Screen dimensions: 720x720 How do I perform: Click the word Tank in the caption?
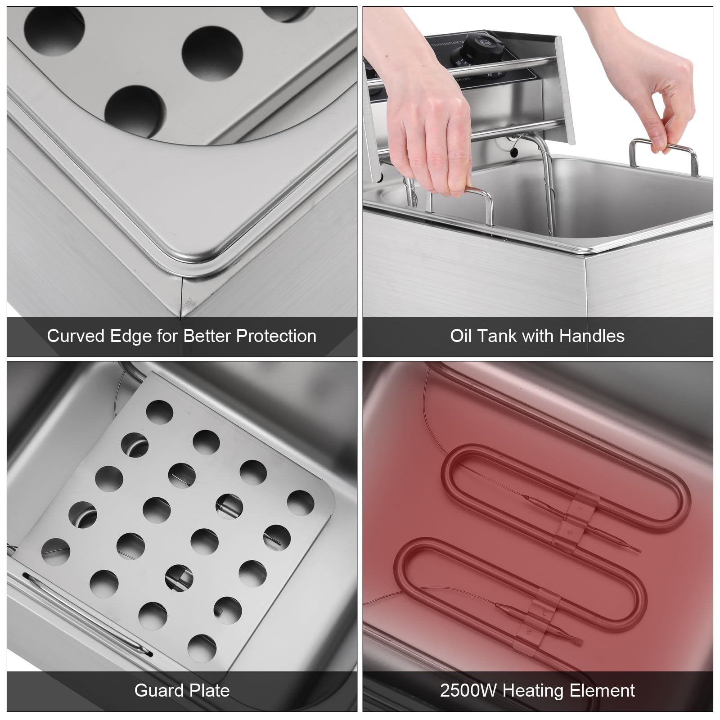click(496, 336)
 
